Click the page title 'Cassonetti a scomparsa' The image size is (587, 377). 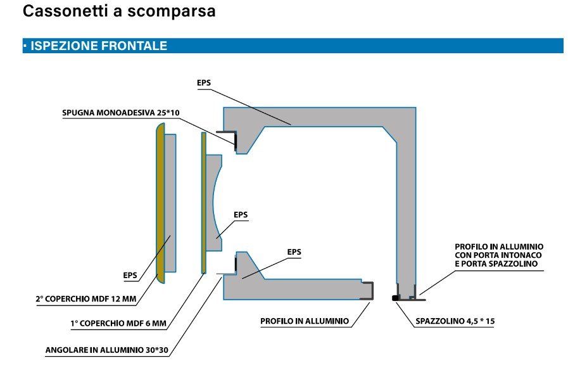click(119, 11)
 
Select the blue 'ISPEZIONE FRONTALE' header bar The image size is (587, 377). click(293, 46)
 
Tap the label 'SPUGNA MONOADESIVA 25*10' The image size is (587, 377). click(121, 112)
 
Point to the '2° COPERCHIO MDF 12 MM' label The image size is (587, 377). click(86, 298)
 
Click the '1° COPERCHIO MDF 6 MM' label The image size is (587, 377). click(118, 323)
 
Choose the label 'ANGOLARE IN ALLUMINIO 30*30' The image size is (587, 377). click(106, 350)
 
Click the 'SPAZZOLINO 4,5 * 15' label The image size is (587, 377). click(455, 321)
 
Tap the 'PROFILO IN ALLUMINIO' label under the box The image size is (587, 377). click(305, 321)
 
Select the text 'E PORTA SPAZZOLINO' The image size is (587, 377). click(496, 264)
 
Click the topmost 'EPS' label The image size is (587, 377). click(204, 83)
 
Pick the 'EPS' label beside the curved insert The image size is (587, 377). click(241, 215)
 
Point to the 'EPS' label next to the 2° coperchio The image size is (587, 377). click(130, 276)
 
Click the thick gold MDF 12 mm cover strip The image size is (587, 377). click(160, 203)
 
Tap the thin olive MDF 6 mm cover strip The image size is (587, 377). click(204, 203)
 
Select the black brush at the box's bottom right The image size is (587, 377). click(396, 298)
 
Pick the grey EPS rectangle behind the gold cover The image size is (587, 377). click(170, 203)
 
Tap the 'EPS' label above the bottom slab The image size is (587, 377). click(294, 252)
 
